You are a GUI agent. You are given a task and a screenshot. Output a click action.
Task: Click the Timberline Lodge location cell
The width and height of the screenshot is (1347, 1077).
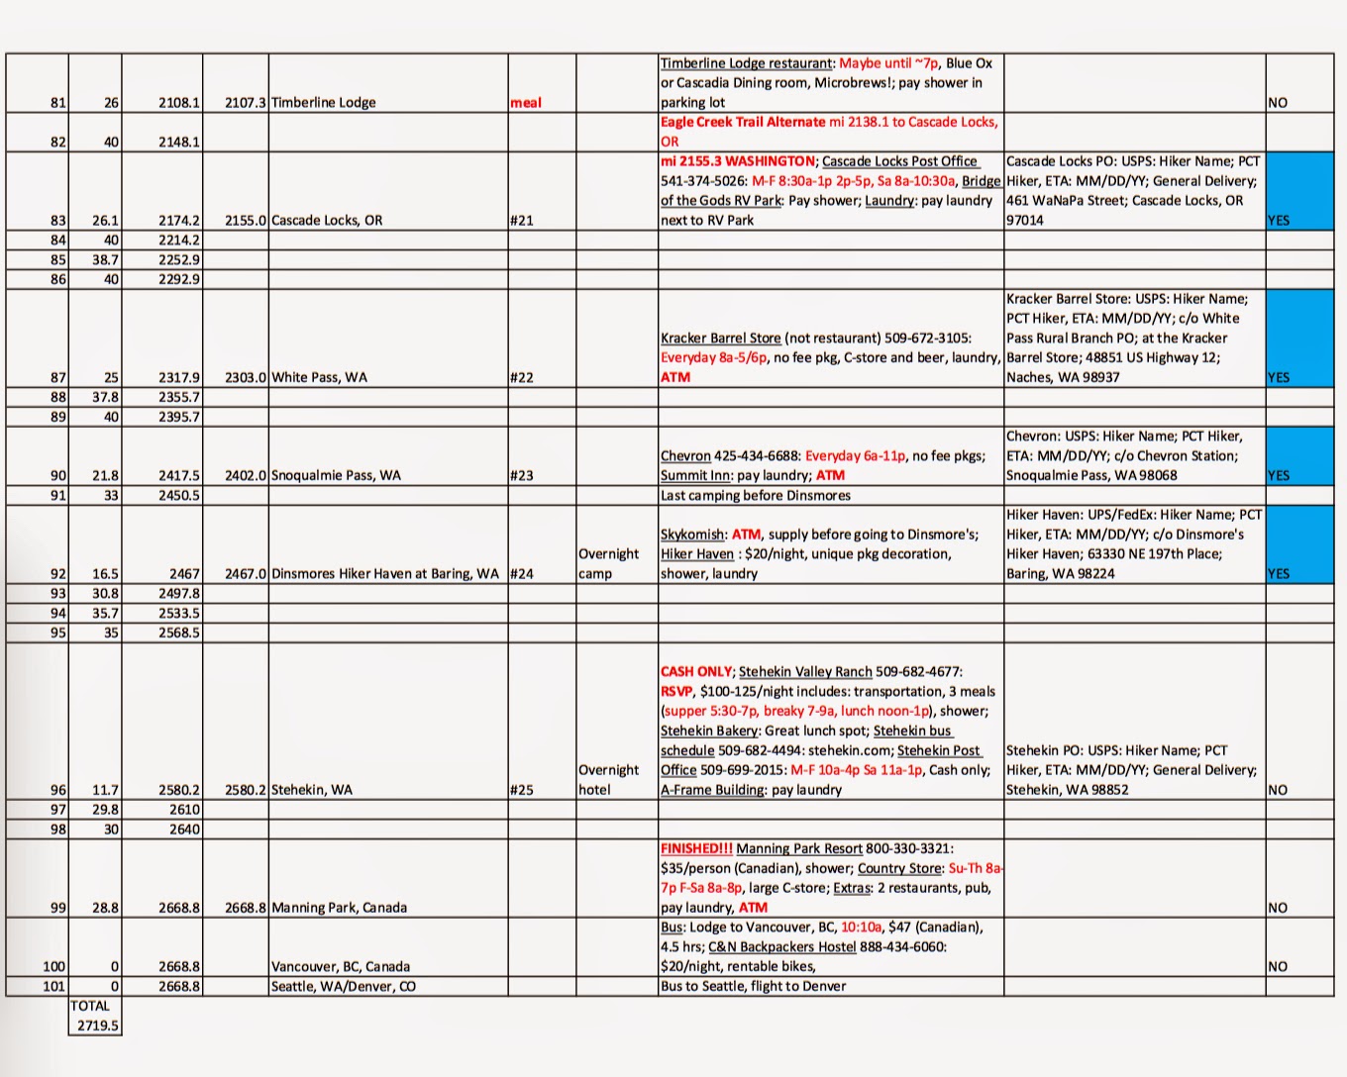click(x=323, y=102)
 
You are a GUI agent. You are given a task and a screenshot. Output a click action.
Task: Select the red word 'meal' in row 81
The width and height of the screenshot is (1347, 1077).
click(x=526, y=102)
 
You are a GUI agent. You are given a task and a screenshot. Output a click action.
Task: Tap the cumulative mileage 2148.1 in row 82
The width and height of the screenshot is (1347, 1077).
click(x=178, y=142)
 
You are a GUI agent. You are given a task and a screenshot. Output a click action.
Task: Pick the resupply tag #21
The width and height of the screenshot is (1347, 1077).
click(x=521, y=220)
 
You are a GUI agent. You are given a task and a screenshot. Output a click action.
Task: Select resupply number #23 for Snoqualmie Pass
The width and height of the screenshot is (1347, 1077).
click(x=521, y=475)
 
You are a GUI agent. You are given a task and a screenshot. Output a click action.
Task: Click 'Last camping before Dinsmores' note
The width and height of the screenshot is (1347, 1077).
click(x=755, y=495)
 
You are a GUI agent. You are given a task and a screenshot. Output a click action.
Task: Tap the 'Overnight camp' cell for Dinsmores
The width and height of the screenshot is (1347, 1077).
click(x=608, y=563)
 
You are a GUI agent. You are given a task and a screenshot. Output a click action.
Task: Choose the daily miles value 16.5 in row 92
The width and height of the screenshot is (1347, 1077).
click(x=105, y=573)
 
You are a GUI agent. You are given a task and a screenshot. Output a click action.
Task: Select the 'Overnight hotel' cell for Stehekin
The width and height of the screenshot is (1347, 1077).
click(x=608, y=779)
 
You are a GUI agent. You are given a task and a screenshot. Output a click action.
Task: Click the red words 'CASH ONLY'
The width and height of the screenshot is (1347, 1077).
click(x=696, y=671)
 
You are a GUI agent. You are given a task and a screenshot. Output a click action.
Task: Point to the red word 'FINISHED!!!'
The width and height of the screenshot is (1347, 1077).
click(x=696, y=848)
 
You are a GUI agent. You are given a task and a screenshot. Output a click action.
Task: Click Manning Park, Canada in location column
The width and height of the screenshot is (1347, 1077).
click(x=339, y=907)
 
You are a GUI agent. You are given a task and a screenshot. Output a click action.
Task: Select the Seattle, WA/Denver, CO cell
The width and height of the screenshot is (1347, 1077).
click(x=343, y=986)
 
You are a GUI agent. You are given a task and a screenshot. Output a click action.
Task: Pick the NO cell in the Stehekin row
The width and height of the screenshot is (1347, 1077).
click(x=1278, y=790)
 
